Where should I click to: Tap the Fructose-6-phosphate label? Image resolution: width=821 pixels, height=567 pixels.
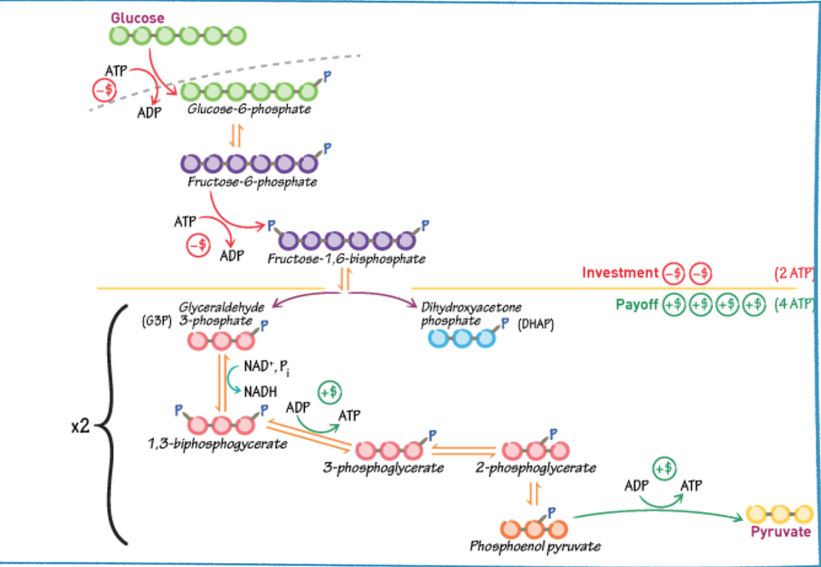[x=252, y=182]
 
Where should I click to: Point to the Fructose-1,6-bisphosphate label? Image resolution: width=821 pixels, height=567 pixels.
[x=346, y=258]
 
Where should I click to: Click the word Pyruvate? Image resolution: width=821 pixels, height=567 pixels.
[x=780, y=532]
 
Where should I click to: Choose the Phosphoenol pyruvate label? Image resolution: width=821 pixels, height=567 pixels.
[x=535, y=545]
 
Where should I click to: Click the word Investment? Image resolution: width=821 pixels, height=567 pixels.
[x=619, y=272]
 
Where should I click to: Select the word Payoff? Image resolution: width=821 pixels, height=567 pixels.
[x=637, y=305]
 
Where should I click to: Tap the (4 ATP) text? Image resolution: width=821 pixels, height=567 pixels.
[x=795, y=305]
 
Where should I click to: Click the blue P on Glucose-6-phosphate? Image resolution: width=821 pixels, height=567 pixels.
[x=328, y=77]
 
